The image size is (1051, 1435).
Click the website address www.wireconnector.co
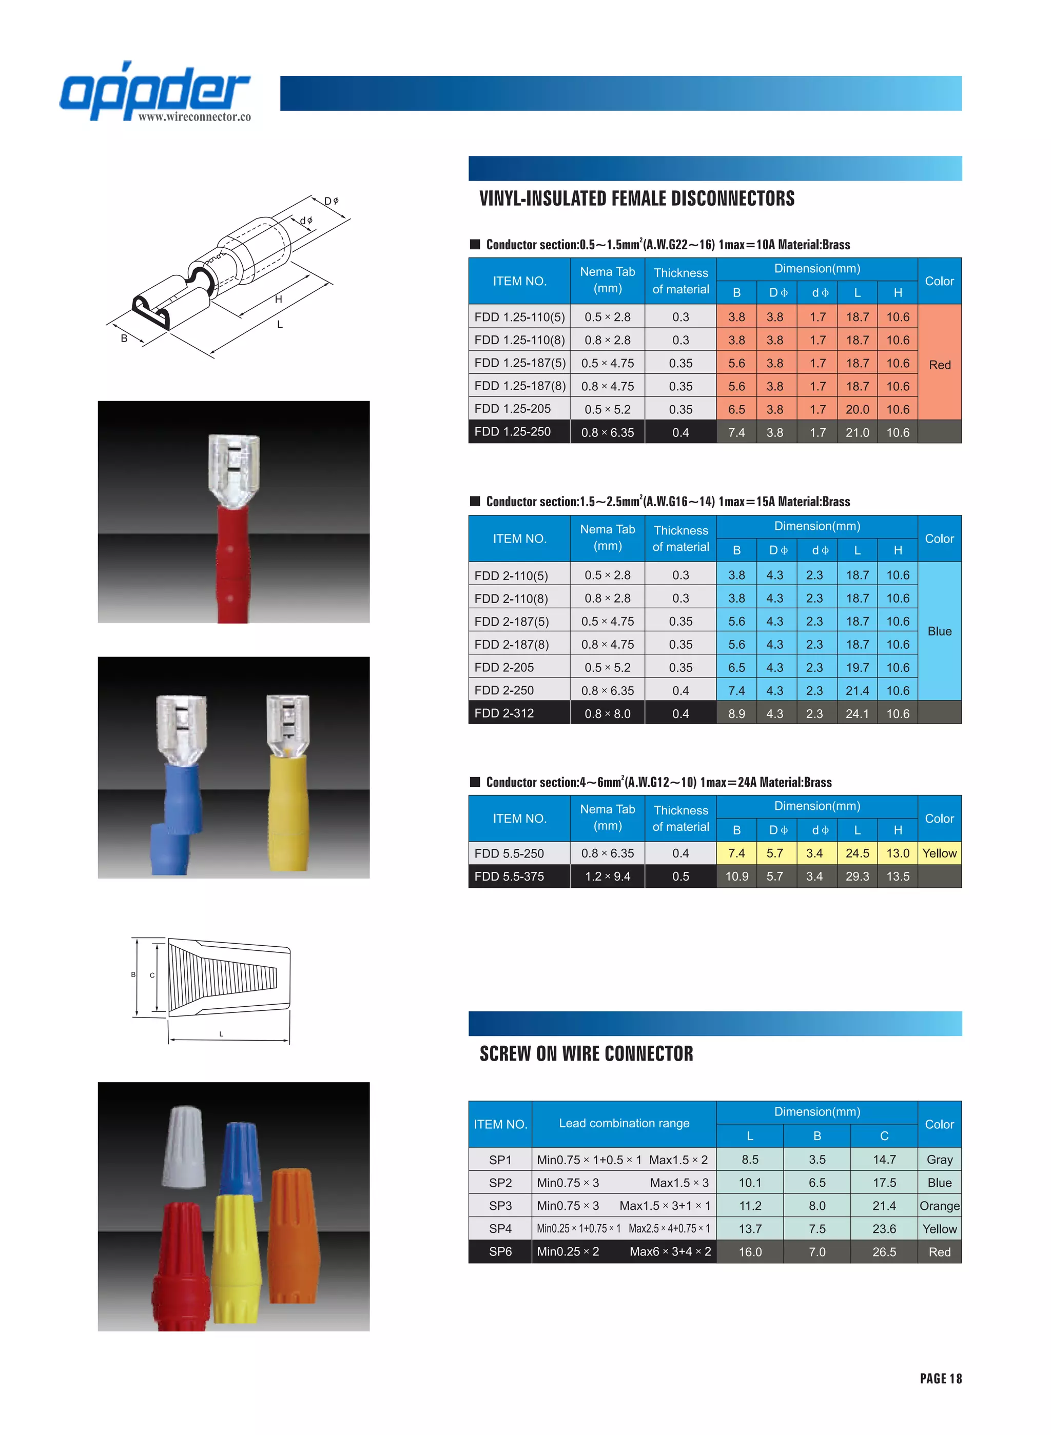pyautogui.click(x=194, y=117)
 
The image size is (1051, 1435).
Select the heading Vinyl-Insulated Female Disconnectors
pyautogui.click(x=636, y=198)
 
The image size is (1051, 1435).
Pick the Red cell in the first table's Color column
pyautogui.click(x=939, y=364)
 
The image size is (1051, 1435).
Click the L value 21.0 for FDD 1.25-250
pyautogui.click(x=857, y=432)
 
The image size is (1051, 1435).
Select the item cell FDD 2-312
pyautogui.click(x=504, y=713)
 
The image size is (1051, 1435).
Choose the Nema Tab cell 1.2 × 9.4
pyautogui.click(x=607, y=876)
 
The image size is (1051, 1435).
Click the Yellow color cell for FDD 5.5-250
pyautogui.click(x=939, y=853)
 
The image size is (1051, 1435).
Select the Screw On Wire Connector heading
pyautogui.click(x=586, y=1053)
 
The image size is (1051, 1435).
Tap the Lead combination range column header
pyautogui.click(x=624, y=1124)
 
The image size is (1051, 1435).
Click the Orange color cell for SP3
pyautogui.click(x=939, y=1205)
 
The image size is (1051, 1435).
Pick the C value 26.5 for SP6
pyautogui.click(x=884, y=1252)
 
